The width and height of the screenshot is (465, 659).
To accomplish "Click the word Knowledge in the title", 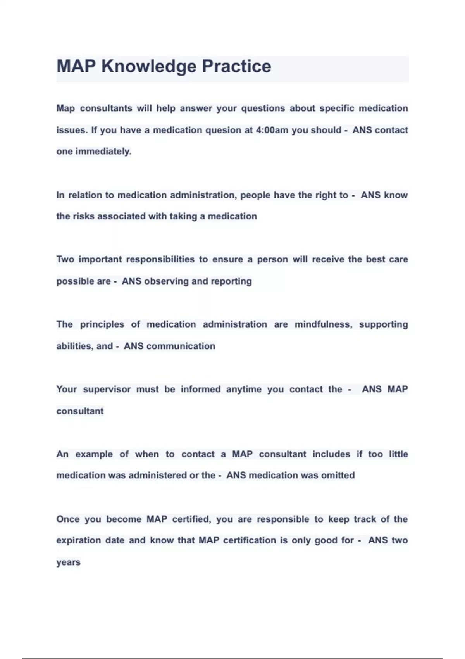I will (x=149, y=67).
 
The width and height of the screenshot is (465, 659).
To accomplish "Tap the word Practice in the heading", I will (x=236, y=67).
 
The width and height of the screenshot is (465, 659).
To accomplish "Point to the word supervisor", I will (x=107, y=389).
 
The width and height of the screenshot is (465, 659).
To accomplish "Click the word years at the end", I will (x=68, y=562).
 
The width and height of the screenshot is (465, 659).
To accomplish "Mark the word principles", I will (x=102, y=324).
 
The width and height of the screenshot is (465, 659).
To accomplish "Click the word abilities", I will (x=74, y=346).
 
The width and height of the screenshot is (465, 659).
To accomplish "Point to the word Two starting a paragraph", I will (x=65, y=260).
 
